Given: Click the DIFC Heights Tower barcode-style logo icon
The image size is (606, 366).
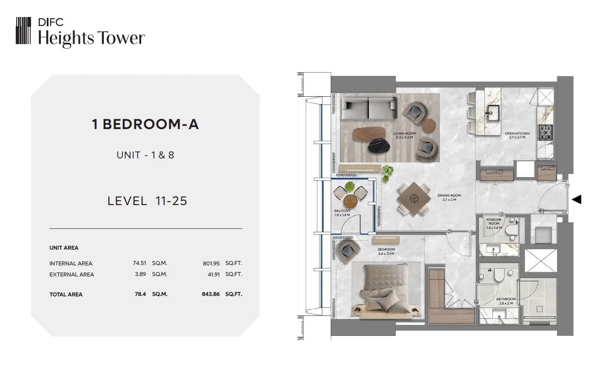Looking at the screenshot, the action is [23, 31].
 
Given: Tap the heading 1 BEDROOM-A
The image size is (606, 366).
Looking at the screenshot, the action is [145, 124].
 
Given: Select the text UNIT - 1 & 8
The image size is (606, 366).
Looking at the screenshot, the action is [145, 155].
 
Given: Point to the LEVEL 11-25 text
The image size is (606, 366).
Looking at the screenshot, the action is [147, 201].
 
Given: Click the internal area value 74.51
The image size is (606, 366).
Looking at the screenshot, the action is [139, 263].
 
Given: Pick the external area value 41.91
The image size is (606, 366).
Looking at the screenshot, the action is [213, 275].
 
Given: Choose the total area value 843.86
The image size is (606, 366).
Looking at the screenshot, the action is [211, 294].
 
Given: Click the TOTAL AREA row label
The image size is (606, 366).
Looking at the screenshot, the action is [66, 294].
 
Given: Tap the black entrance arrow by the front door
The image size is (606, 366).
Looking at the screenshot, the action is [577, 199].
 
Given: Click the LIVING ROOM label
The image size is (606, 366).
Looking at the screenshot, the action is [404, 133].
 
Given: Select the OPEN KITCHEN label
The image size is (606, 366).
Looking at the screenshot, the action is [517, 133].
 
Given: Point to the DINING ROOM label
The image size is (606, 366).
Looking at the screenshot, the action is [449, 195].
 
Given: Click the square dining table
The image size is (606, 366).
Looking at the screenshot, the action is [414, 199].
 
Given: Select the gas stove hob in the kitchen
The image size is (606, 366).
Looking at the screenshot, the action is [545, 132].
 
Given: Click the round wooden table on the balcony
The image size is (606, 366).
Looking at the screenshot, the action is [350, 200].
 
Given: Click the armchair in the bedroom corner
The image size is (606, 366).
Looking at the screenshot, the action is [347, 251].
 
